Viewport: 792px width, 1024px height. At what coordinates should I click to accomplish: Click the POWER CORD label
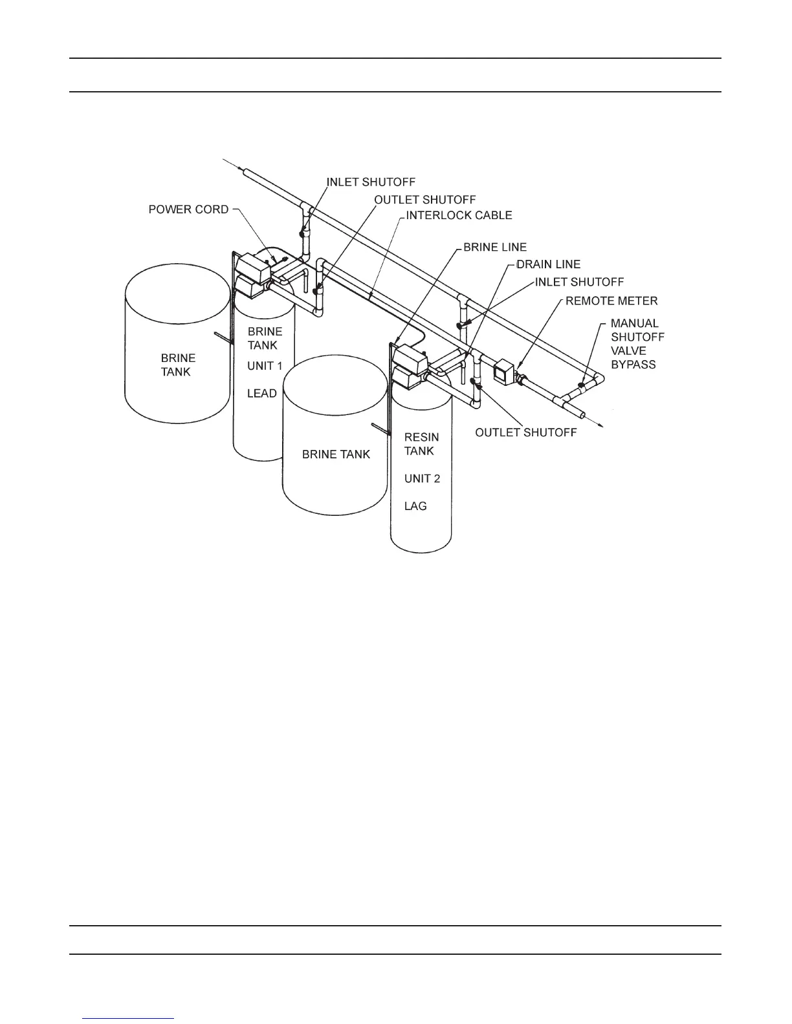[188, 209]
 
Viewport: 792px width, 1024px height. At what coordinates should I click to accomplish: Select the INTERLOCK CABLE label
[459, 215]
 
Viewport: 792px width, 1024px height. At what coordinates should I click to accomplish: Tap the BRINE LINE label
[495, 247]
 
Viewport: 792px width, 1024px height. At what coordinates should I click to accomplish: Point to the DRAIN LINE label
[548, 264]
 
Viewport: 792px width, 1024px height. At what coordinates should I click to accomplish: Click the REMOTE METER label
[611, 301]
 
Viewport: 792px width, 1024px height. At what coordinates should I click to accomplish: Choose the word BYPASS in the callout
[633, 365]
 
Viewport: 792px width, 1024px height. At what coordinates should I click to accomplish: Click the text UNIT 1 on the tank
[265, 366]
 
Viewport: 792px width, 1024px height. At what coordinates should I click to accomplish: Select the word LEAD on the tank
[262, 393]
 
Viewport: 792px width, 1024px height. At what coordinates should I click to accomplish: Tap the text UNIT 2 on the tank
[422, 478]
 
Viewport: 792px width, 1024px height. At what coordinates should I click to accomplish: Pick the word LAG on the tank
[415, 506]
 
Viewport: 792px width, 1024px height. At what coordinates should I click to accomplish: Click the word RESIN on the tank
[421, 437]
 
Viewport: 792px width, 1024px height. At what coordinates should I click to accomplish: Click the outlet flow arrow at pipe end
[600, 424]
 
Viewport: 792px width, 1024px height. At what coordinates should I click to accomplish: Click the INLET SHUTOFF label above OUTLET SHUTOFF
[371, 182]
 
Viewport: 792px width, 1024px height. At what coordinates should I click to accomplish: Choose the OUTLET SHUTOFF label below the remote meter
[525, 432]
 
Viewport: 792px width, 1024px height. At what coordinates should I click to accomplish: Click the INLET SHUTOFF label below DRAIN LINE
[579, 283]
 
